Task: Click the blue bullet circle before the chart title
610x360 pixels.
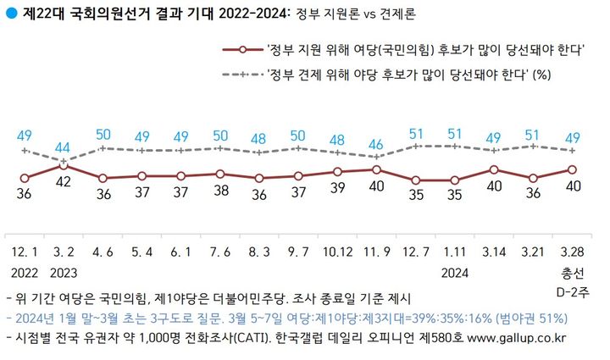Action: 10,14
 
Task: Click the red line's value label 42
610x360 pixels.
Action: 64,181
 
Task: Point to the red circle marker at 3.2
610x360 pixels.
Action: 64,165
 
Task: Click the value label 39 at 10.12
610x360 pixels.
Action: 337,187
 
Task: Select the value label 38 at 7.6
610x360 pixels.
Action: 220,191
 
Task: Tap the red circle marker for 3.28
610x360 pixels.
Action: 573,169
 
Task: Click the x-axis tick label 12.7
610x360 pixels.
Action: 416,253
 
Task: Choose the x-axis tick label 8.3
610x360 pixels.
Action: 259,253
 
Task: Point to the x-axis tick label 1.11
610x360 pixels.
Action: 455,253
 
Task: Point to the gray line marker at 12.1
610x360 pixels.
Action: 25,151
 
